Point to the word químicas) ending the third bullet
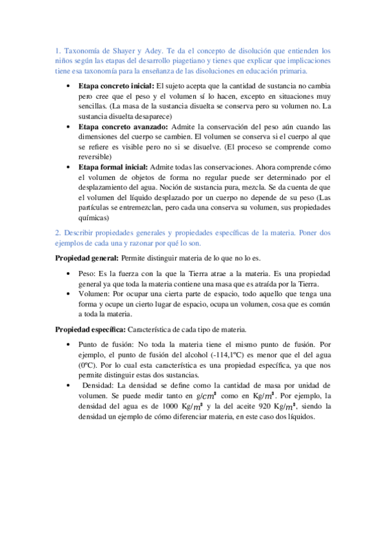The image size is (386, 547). [95, 218]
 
